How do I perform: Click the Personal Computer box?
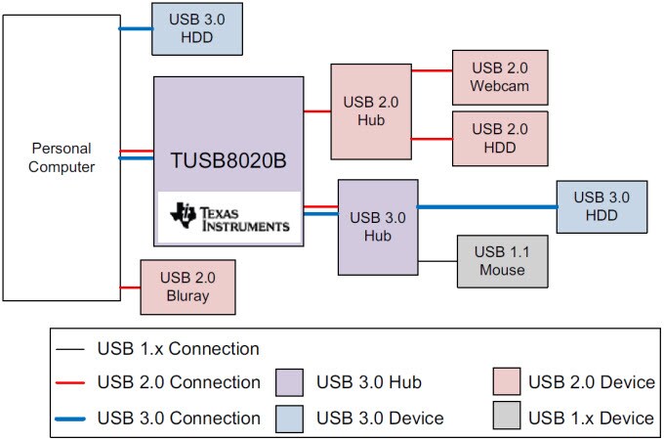tap(61, 157)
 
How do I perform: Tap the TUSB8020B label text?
tap(227, 159)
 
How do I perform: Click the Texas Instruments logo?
tap(229, 218)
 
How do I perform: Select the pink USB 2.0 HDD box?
tap(498, 138)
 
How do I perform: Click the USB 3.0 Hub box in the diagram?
tap(377, 227)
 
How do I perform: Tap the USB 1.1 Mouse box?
tap(502, 260)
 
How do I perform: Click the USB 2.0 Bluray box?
tap(189, 287)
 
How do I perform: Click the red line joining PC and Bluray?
tap(130, 287)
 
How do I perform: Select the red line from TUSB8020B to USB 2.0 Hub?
tap(316, 111)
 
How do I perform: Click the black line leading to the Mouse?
tap(437, 260)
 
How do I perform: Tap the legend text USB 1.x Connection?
tap(178, 349)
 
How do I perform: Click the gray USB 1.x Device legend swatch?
tap(506, 418)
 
